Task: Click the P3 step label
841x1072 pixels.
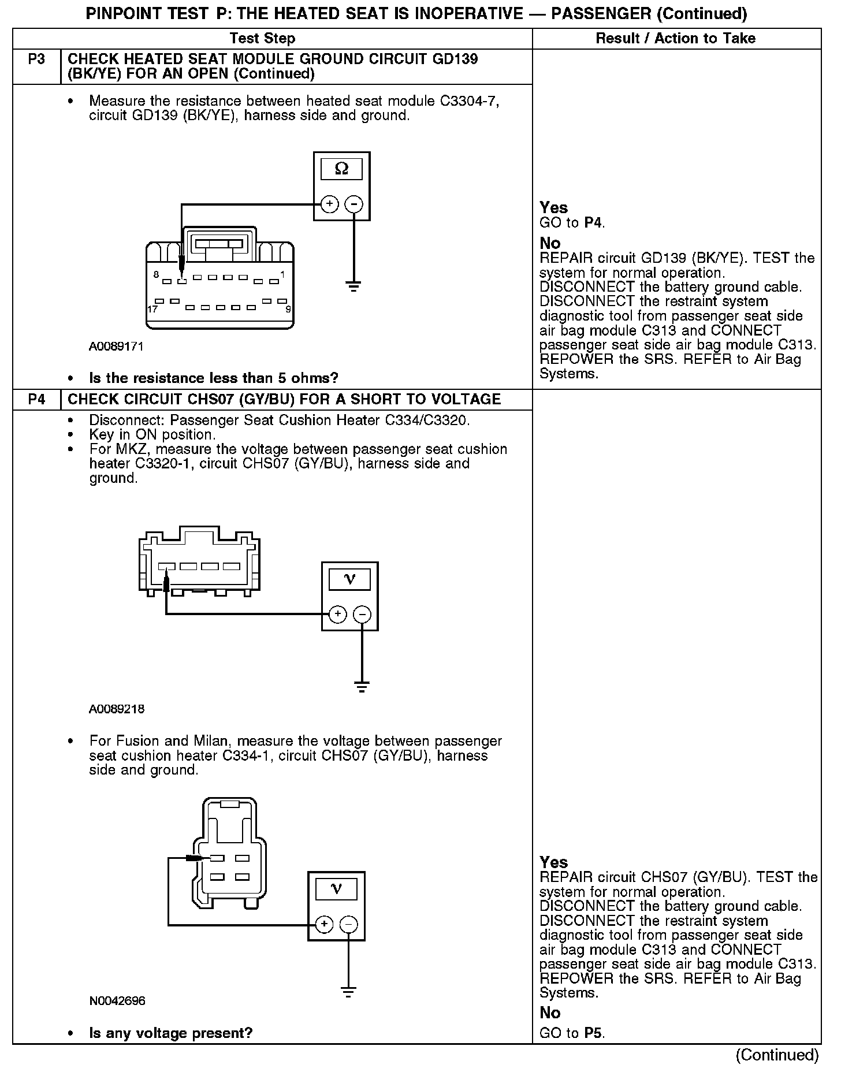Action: click(36, 59)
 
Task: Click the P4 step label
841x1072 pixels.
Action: click(36, 400)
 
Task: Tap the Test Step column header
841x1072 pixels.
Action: click(262, 39)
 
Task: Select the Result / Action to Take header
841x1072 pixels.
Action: click(675, 39)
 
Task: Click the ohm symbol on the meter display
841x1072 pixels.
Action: click(341, 169)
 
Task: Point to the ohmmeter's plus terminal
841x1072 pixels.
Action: click(329, 204)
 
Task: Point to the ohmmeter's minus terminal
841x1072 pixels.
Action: click(353, 204)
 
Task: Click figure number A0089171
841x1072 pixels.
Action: click(116, 347)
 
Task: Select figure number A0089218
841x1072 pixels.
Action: click(117, 709)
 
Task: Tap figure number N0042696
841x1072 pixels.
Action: click(117, 1001)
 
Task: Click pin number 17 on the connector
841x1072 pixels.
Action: click(152, 310)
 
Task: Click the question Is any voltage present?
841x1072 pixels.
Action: click(171, 1033)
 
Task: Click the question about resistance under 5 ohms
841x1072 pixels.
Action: click(213, 378)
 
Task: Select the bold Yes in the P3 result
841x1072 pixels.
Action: click(553, 207)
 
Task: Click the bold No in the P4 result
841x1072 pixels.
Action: click(550, 1013)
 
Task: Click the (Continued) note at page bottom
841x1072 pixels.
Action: click(777, 1055)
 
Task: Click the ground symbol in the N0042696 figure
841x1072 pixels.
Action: click(348, 992)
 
